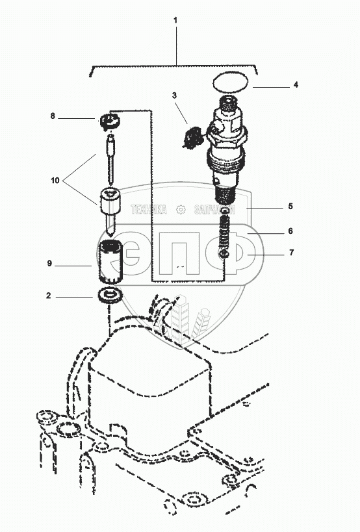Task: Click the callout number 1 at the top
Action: (x=175, y=20)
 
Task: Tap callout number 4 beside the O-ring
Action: (x=296, y=85)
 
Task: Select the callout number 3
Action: (x=174, y=95)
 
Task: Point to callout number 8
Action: (x=53, y=116)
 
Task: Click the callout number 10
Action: (x=55, y=181)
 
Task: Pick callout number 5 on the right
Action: (x=290, y=207)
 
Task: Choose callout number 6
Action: (x=290, y=231)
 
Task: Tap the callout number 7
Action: (x=292, y=253)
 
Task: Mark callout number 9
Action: (x=49, y=263)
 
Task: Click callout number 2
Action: (x=49, y=296)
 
